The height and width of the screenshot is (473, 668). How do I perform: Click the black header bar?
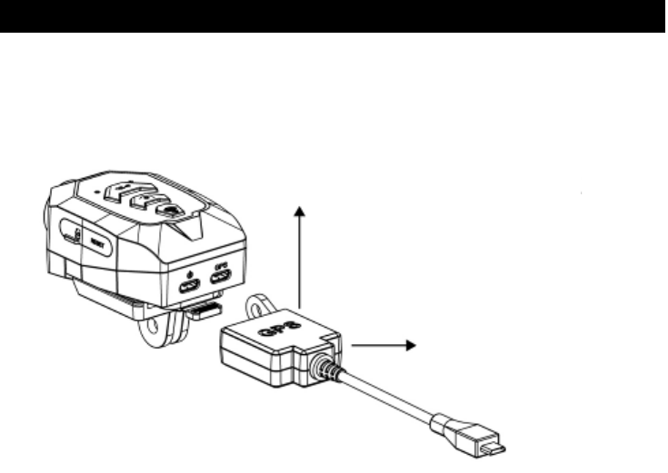pos(334,16)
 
